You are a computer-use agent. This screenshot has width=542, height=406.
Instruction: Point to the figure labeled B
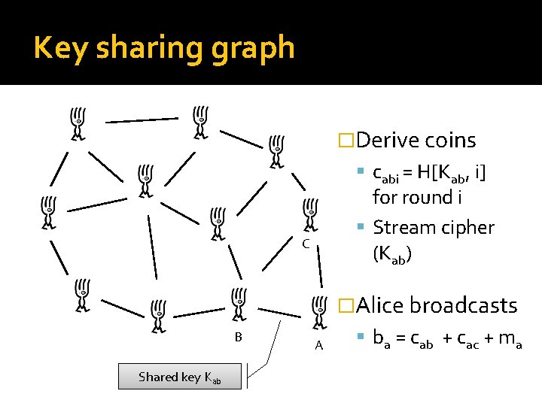point(238,304)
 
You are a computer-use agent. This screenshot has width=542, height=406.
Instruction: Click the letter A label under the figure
point(319,346)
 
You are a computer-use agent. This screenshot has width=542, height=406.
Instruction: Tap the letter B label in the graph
point(238,338)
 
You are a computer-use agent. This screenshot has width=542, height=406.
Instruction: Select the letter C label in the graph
point(305,244)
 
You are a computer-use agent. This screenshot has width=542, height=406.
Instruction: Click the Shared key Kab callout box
point(180,377)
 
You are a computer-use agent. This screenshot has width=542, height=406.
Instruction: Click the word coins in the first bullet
point(450,141)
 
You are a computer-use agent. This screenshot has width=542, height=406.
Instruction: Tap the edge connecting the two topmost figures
point(141,119)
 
